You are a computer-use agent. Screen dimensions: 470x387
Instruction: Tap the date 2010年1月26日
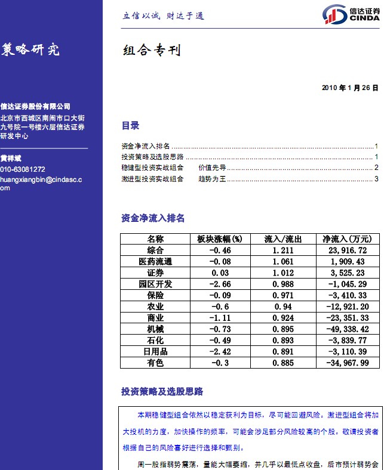350,88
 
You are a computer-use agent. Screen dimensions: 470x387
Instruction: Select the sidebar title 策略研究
30,50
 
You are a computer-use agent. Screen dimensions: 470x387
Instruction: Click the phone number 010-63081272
23,169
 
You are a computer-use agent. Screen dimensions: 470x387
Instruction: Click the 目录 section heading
130,126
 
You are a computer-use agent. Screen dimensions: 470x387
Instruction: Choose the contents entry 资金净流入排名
146,146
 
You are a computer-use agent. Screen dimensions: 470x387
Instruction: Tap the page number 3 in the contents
376,178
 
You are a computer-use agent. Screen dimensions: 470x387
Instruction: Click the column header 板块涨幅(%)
220,239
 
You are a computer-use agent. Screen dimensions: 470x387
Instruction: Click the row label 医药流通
155,261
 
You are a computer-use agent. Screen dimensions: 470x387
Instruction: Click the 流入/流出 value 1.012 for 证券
283,273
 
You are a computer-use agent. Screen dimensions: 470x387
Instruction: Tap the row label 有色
155,363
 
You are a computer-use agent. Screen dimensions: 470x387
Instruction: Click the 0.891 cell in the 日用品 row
283,352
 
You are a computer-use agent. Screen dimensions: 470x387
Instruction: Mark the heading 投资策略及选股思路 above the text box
162,392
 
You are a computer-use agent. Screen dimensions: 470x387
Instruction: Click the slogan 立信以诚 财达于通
163,16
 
